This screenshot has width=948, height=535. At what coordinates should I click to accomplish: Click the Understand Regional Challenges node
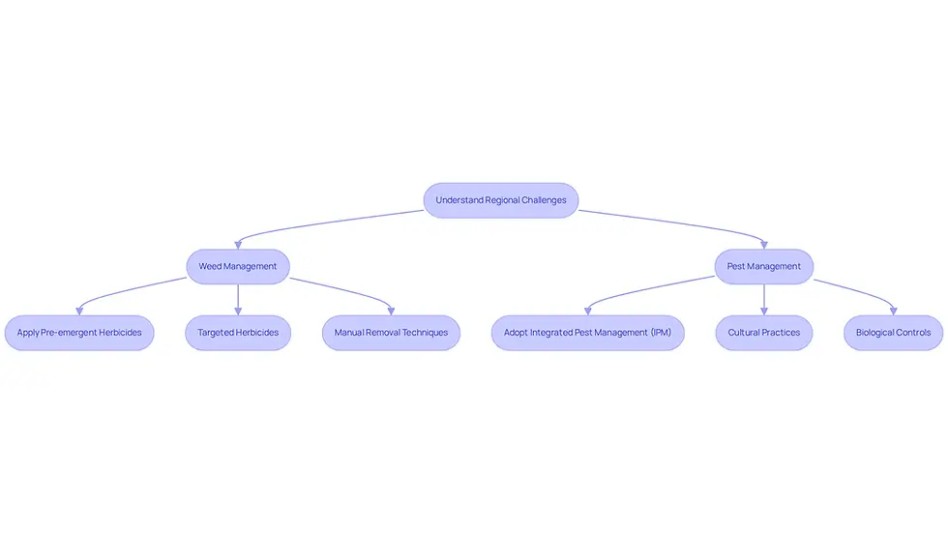pos(501,200)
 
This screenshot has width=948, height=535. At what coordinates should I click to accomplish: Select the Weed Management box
pos(238,267)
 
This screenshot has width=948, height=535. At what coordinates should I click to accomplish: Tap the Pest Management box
pos(763,267)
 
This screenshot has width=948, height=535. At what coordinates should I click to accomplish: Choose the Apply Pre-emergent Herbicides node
pos(79,333)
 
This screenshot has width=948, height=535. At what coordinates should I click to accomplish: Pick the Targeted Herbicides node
pos(238,333)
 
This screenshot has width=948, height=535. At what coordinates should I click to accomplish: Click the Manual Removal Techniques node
pos(391,333)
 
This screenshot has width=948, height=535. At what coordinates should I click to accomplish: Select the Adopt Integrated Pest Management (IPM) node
pos(588,333)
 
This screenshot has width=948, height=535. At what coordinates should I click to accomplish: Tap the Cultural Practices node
pos(763,333)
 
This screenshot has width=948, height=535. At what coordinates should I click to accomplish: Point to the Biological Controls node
pos(893,333)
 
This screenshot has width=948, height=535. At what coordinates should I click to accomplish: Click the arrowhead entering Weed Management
pos(238,246)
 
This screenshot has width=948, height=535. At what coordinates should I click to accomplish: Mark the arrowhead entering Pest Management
pos(764,246)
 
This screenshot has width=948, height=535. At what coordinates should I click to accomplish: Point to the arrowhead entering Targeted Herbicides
pos(238,312)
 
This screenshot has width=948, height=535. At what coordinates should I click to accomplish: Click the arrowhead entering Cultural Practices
pos(764,312)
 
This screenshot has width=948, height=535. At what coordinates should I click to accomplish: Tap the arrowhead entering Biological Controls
pos(894,312)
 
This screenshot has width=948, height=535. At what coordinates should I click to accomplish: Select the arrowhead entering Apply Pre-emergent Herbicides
pos(79,312)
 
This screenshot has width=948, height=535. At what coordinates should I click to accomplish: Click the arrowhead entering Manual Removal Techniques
pos(391,312)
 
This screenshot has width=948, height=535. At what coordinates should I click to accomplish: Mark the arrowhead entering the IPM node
pos(588,312)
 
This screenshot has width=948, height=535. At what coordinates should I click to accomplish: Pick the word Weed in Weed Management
pos(210,267)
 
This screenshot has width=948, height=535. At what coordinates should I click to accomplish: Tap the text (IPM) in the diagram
pos(661,333)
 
